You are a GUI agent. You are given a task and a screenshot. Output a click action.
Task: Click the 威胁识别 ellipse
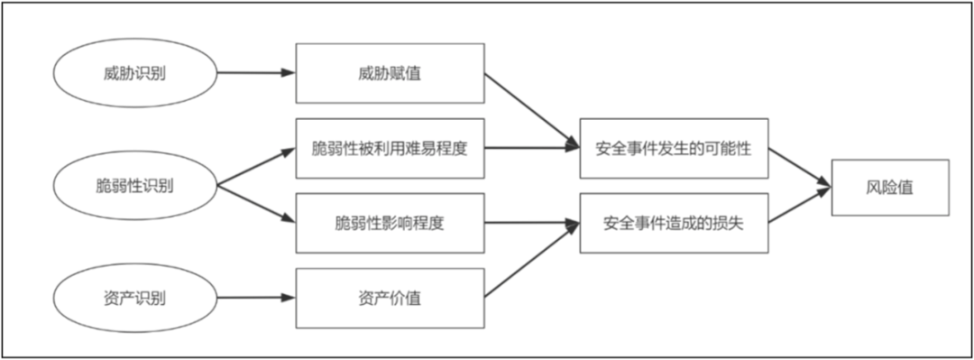click(135, 73)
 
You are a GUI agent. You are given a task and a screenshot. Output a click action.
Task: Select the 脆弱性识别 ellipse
click(135, 186)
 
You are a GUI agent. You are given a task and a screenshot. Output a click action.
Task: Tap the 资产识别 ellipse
click(135, 297)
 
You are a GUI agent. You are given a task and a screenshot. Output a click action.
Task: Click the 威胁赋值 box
click(390, 73)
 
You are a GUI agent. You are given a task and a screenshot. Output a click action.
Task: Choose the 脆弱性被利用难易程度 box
click(390, 148)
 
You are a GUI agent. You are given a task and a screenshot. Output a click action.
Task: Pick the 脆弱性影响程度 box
click(390, 223)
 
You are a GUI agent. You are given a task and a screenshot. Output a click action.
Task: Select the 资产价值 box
click(390, 297)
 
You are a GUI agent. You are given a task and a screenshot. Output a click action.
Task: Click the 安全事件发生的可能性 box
click(673, 148)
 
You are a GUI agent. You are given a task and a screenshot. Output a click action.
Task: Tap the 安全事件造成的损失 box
click(673, 222)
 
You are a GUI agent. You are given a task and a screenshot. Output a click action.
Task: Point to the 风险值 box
click(890, 187)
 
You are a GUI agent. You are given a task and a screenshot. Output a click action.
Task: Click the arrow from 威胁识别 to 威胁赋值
click(256, 73)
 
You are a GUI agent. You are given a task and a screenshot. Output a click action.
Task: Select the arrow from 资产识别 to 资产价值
click(256, 297)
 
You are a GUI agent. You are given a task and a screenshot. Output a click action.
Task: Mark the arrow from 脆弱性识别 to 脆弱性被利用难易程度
click(256, 167)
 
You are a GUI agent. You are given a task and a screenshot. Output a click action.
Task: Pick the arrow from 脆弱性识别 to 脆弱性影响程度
click(256, 205)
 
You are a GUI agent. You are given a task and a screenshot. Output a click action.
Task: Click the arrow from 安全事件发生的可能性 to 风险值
click(798, 168)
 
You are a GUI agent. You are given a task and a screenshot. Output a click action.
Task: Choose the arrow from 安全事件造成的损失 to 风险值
click(798, 206)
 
